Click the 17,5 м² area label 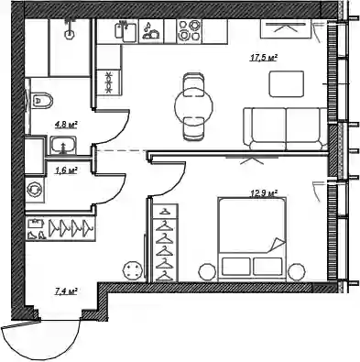pyautogui.click(x=264, y=58)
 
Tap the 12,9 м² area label pyautogui.click(x=264, y=193)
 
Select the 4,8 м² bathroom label pyautogui.click(x=66, y=125)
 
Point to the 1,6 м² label pyautogui.click(x=66, y=170)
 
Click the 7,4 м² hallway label pyautogui.click(x=66, y=291)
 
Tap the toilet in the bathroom pyautogui.click(x=42, y=100)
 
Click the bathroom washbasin pyautogui.click(x=63, y=145)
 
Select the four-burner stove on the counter pyautogui.click(x=190, y=31)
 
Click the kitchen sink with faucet pyautogui.click(x=125, y=30)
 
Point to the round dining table pyautogui.click(x=193, y=106)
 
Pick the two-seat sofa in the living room pyautogui.click(x=286, y=129)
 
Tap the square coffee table pyautogui.click(x=287, y=84)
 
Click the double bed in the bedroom pyautogui.click(x=252, y=239)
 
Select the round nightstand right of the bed pyautogui.click(x=297, y=271)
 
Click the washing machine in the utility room pyautogui.click(x=35, y=190)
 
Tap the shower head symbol pyautogui.click(x=70, y=30)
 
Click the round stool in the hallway pyautogui.click(x=133, y=269)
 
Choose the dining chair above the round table pyautogui.click(x=193, y=84)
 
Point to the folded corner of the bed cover pyautogui.click(x=278, y=245)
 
